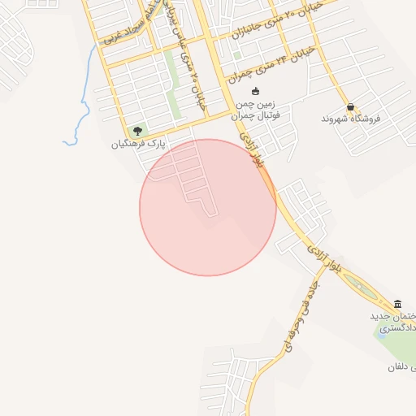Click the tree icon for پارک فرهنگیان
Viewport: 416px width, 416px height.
point(136,132)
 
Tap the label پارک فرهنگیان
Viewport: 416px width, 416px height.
point(138,145)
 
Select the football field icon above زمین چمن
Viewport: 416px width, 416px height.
point(255,91)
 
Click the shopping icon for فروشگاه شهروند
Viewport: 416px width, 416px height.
point(350,106)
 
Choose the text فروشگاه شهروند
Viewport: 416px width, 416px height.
point(351,119)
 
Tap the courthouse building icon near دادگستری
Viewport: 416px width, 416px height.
point(396,304)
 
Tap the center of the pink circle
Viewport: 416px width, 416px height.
point(208,207)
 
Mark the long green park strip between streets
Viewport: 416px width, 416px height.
point(172,85)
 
